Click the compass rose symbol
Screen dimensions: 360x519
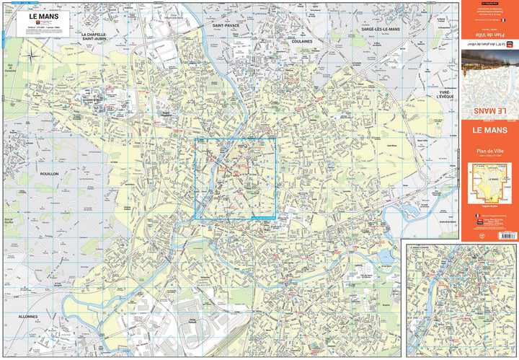(32, 55)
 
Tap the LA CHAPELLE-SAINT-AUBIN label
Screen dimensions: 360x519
(104, 38)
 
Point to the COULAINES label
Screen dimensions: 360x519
(301, 41)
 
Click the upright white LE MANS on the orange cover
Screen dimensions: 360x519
(488, 131)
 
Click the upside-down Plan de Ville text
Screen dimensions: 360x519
(488, 35)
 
